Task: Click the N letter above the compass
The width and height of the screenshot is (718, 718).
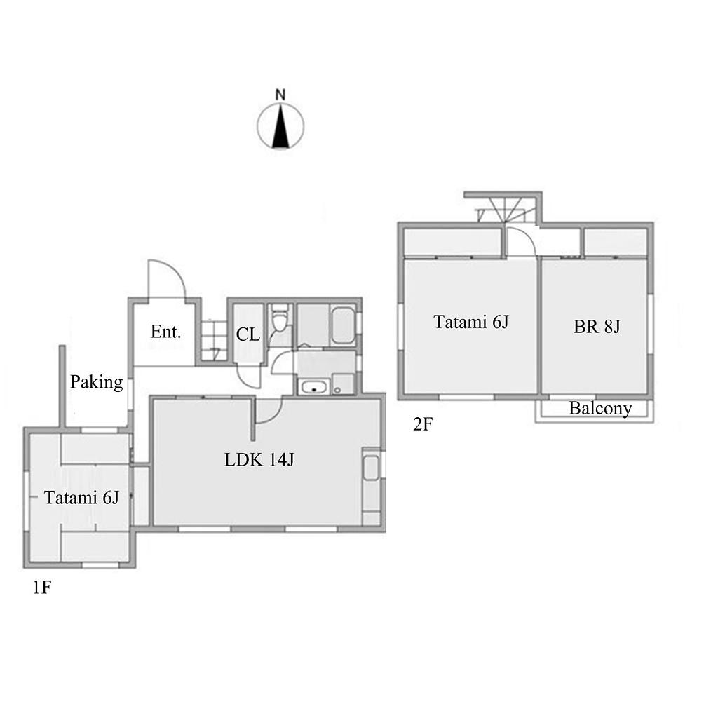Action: pos(280,95)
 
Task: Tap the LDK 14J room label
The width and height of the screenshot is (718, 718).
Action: pos(259,459)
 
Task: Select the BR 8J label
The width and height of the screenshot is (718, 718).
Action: pos(597,327)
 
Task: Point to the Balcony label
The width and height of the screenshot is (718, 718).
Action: pos(600,407)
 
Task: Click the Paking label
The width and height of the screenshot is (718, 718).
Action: pos(97,381)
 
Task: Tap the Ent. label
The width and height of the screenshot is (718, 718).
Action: pos(165,332)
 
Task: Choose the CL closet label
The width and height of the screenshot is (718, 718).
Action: pos(248,334)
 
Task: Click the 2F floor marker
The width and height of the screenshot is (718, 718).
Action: pos(422,424)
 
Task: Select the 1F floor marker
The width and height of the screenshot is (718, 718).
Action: pos(41,588)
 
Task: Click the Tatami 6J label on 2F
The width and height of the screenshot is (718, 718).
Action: pos(471,322)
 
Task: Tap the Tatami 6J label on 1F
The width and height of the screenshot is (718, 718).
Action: pos(81,497)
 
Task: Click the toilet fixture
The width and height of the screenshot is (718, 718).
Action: pos(279,319)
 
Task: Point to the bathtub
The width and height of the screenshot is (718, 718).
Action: pos(342,325)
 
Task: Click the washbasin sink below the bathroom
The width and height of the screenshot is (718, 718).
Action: pos(313,387)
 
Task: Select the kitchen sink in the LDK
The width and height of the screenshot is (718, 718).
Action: pos(371,468)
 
